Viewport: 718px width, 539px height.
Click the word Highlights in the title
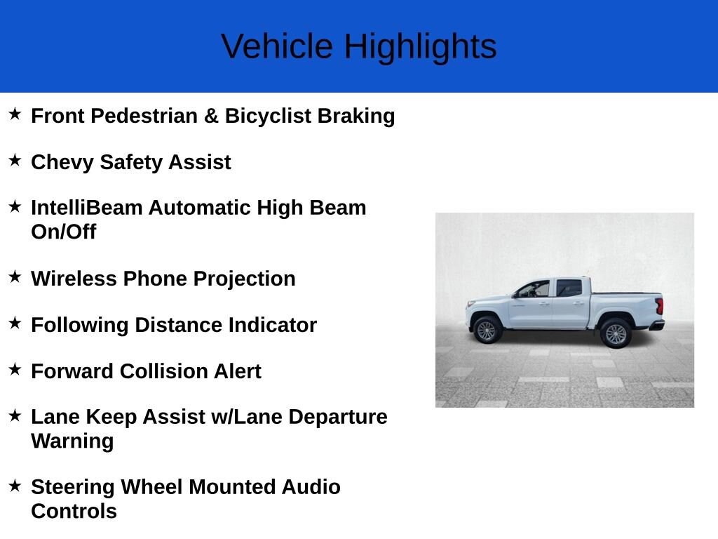point(419,46)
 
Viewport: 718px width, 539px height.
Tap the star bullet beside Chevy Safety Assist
point(15,160)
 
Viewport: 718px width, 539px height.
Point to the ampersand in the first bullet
point(211,116)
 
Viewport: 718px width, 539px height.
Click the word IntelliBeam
point(86,208)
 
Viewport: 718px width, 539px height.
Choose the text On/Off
point(63,232)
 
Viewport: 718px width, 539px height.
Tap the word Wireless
point(74,279)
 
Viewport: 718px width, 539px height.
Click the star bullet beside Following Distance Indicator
point(15,323)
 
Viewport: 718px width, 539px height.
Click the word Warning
point(72,441)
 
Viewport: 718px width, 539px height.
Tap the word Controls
point(74,511)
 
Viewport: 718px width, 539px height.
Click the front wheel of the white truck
point(486,331)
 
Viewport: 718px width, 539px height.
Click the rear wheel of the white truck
point(616,333)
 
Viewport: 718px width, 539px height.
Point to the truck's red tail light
point(659,306)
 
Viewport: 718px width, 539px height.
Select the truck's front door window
point(536,289)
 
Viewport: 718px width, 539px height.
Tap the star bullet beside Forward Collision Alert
point(15,369)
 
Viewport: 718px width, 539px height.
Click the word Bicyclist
point(268,116)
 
